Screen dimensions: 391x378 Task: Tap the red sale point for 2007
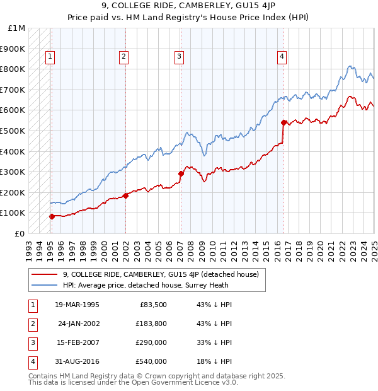coord(181,173)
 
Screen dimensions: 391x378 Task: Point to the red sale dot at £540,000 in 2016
coord(284,122)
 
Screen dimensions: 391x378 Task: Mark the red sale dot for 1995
coord(52,216)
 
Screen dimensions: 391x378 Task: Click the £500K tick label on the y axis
coord(13,131)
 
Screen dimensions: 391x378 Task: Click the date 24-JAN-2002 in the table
coord(79,324)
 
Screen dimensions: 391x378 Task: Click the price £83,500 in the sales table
coord(152,305)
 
